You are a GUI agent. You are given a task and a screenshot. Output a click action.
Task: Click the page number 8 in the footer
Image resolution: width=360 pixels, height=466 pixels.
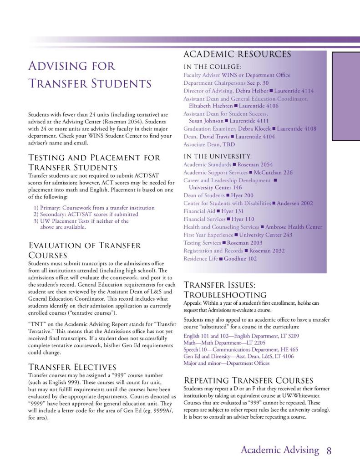pyautogui.click(x=329, y=451)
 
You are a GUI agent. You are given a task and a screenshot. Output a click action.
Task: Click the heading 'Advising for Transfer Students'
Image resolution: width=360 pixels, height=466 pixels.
pyautogui.click(x=90, y=75)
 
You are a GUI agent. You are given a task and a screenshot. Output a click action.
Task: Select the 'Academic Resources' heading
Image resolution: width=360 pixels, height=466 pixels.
pyautogui.click(x=237, y=54)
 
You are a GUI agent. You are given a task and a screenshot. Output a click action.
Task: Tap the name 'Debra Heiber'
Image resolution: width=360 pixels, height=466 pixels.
pyautogui.click(x=252, y=91)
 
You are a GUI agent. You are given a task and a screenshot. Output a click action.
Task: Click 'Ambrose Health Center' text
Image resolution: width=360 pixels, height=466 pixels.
pyautogui.click(x=294, y=227)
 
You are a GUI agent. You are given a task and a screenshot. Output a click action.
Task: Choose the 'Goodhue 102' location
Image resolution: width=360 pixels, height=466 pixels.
pyautogui.click(x=240, y=259)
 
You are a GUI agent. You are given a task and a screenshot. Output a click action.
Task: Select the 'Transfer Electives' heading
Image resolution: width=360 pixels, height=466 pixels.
pyautogui.click(x=72, y=367)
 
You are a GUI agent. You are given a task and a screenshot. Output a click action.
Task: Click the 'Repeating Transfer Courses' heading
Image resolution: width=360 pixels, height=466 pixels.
pyautogui.click(x=248, y=380)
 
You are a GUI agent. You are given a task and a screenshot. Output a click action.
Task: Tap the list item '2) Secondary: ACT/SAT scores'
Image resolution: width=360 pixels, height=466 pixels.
pyautogui.click(x=86, y=214)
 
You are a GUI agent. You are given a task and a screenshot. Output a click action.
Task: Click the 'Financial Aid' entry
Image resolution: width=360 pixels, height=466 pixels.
pyautogui.click(x=199, y=211)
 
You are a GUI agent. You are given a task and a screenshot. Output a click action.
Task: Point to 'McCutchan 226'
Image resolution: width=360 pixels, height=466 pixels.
pyautogui.click(x=274, y=173)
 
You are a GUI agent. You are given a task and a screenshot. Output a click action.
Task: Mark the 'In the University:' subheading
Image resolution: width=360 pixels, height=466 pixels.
pyautogui.click(x=217, y=156)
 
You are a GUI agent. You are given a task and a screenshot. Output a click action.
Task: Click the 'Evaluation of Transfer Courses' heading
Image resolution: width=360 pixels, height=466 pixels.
pyautogui.click(x=85, y=250)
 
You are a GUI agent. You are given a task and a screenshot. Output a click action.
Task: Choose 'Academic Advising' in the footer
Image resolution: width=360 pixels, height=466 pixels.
pyautogui.click(x=279, y=451)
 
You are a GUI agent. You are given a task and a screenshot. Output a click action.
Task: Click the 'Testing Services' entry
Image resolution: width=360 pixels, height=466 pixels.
pyautogui.click(x=202, y=243)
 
